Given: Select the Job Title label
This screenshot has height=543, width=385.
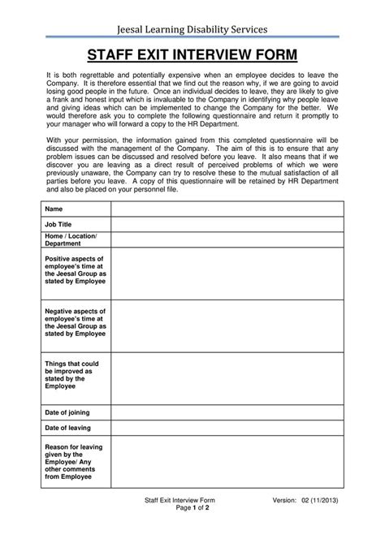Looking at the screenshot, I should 58,223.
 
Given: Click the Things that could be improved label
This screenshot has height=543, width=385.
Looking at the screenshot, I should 71,374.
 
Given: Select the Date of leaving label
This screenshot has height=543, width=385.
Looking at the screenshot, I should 67,428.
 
